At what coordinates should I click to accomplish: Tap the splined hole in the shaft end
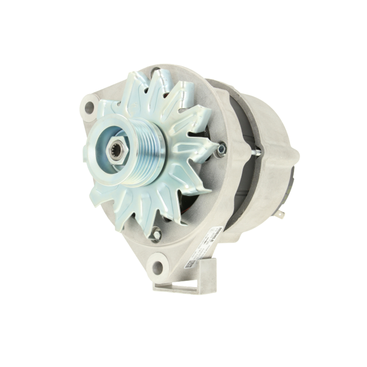point(117,151)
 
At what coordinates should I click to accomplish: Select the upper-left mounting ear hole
point(89,107)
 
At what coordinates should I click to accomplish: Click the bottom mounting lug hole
point(157,267)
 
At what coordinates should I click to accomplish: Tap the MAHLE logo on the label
point(218,234)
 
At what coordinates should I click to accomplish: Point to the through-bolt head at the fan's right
point(222,148)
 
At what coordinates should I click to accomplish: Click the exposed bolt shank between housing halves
point(255,151)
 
